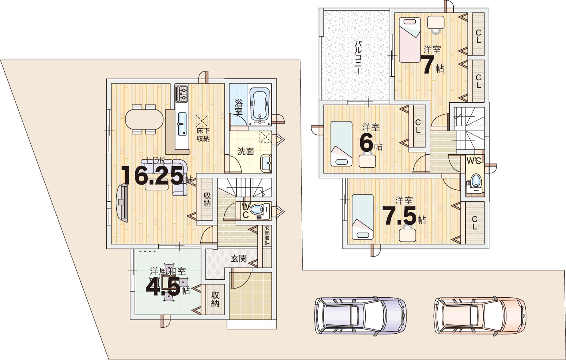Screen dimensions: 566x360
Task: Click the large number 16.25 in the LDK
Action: click(x=152, y=175)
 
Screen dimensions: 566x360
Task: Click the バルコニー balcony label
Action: click(x=358, y=58)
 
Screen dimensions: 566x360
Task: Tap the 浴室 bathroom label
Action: click(x=239, y=107)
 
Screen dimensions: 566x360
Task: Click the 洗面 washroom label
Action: click(x=245, y=151)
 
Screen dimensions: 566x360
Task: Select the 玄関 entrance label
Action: click(x=239, y=259)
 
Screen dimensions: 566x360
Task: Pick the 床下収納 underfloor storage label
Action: click(x=203, y=135)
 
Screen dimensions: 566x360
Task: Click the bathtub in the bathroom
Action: click(x=259, y=105)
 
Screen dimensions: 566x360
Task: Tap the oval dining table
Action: click(x=144, y=119)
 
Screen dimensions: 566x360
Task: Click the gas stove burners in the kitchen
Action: click(x=182, y=93)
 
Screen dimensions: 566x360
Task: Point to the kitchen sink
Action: click(x=182, y=124)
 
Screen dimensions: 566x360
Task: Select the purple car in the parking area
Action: click(x=360, y=316)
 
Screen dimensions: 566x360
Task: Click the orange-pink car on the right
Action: click(x=480, y=315)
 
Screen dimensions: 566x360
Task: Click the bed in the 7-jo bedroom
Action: click(x=410, y=40)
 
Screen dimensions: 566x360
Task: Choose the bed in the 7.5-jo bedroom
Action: click(x=363, y=217)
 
